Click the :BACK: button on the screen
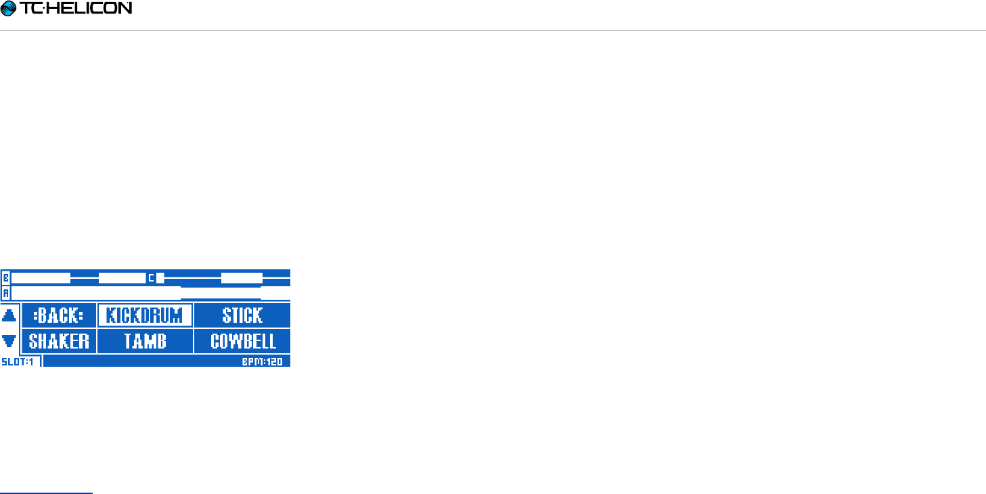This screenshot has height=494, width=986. [59, 315]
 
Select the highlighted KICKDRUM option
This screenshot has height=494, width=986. [145, 315]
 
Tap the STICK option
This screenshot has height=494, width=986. [242, 315]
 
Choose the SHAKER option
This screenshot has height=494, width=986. [59, 341]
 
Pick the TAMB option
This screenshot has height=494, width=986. [145, 341]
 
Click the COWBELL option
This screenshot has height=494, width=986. [242, 341]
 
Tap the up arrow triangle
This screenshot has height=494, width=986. [9, 315]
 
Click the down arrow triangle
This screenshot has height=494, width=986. [9, 341]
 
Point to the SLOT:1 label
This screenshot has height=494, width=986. [18, 362]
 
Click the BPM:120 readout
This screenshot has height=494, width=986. [263, 362]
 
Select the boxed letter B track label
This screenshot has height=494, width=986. [6, 278]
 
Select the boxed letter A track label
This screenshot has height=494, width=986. [6, 294]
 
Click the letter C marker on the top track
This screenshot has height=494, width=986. [152, 278]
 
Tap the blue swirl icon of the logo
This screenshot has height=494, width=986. [9, 9]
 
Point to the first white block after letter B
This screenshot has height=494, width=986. [41, 278]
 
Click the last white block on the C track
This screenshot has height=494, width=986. [242, 278]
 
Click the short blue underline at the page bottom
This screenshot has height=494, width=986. [46, 493]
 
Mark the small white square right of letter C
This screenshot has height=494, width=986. [160, 278]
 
